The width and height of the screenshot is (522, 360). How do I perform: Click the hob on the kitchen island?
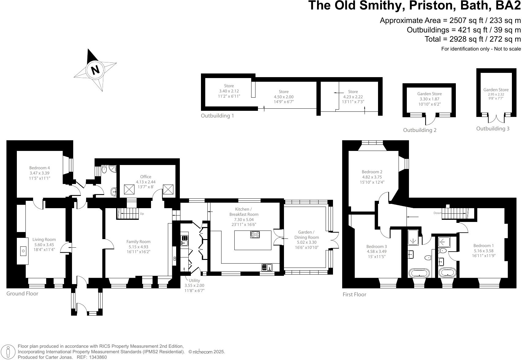[x=255, y=235]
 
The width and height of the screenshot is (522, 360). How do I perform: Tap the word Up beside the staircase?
[x=142, y=214]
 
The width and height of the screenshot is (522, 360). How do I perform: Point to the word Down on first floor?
[x=437, y=213]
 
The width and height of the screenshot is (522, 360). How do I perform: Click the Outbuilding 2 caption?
[x=420, y=130]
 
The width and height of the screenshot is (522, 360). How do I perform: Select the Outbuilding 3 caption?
[x=493, y=129]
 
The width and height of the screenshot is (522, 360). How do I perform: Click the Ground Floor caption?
[x=22, y=294]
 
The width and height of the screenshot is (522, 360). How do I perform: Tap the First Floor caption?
[x=354, y=294]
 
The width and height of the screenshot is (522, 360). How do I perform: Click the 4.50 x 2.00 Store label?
[x=284, y=97]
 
